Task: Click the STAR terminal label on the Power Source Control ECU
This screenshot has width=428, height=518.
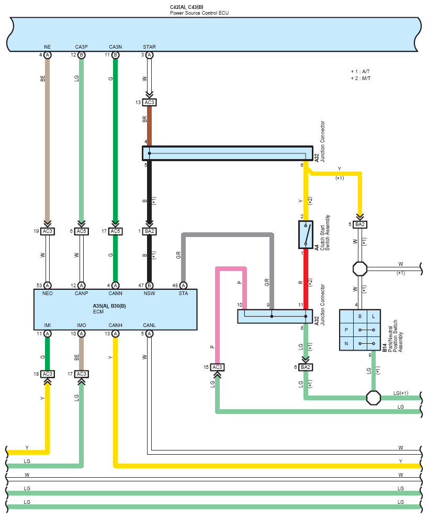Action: coord(149,47)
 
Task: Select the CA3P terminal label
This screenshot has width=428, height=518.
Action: coord(81,47)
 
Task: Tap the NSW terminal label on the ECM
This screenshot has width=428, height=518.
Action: coord(149,294)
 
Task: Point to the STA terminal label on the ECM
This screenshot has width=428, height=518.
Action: coord(183,294)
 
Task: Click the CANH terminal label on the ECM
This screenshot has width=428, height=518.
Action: coord(115,325)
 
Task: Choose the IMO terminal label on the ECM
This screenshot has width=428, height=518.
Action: coord(81,325)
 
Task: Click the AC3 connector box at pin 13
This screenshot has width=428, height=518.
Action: coord(149,103)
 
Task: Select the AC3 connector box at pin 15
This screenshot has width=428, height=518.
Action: coord(217,367)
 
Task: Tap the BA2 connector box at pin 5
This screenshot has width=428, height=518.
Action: coord(360,224)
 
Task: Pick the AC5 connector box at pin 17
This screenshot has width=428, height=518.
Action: coord(115,231)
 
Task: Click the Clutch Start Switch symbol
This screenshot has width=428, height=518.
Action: coord(306,234)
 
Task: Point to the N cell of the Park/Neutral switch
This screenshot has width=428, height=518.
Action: coord(346,344)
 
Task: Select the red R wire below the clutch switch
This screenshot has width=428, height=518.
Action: coord(306,279)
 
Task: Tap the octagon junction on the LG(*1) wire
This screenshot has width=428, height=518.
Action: coord(374,398)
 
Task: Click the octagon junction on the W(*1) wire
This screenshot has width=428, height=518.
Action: coord(360,269)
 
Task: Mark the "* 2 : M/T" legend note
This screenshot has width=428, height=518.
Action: coord(361,78)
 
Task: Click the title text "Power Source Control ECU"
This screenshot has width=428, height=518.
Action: coord(199,13)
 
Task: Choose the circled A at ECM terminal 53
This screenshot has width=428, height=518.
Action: coord(48,286)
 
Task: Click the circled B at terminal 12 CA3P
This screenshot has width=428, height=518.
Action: coord(81,55)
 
